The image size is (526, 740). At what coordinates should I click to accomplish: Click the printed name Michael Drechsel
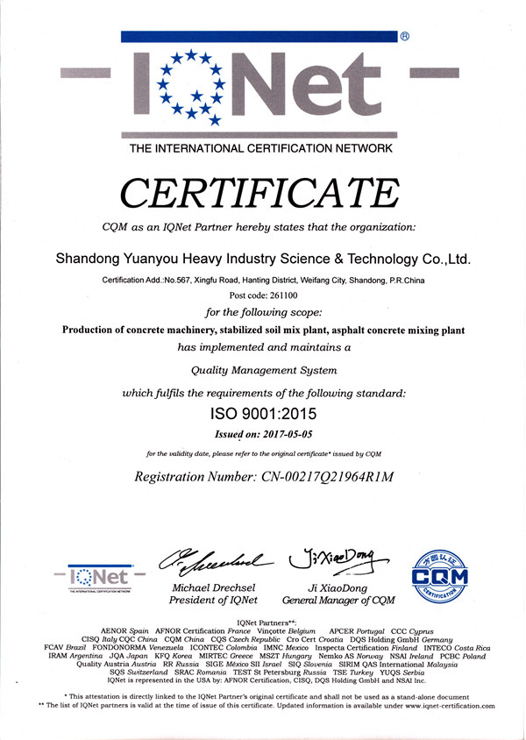(214, 587)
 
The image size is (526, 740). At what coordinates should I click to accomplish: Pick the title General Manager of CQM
(338, 601)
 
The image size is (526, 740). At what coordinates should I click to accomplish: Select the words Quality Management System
(263, 371)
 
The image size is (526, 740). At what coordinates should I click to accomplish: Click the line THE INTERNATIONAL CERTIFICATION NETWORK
(261, 148)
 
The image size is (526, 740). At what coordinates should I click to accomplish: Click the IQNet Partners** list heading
(262, 622)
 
